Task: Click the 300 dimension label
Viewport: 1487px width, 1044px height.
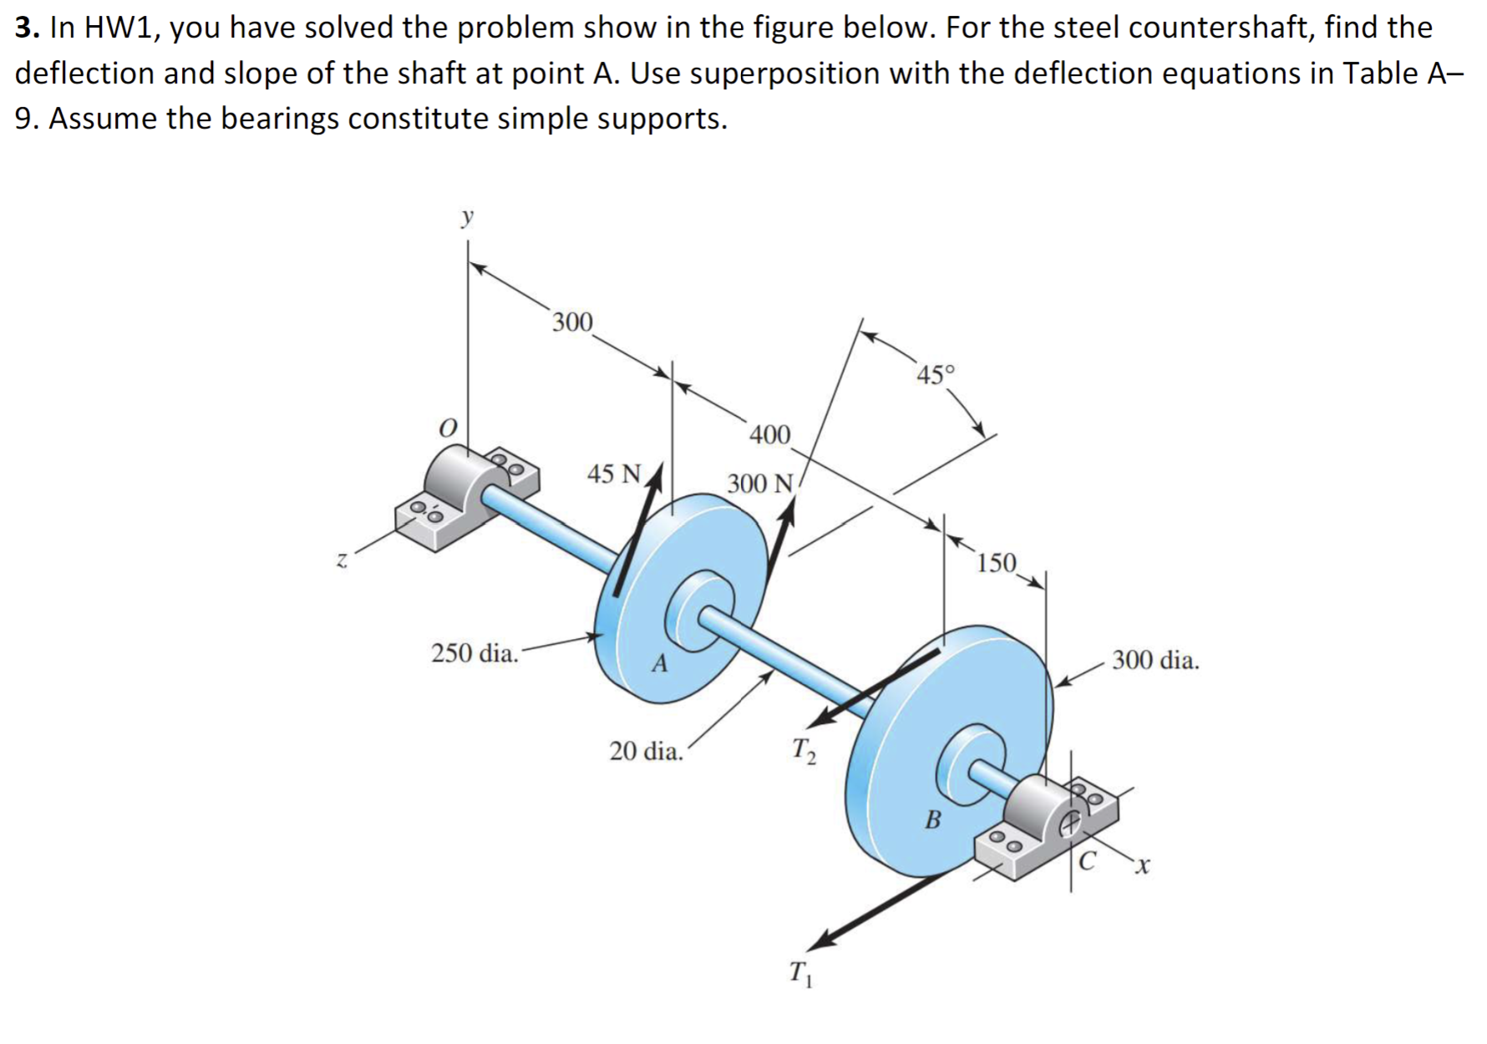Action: (572, 322)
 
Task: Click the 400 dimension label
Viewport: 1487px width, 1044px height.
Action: (769, 434)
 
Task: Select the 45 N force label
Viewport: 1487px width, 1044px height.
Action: (614, 474)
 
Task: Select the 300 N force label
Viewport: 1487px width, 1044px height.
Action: (759, 484)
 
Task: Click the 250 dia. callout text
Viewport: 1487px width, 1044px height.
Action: (475, 653)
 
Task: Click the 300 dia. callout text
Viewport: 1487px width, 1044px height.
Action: (1155, 661)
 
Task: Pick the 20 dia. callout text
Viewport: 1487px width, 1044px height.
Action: (646, 752)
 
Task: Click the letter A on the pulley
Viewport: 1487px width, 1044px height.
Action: (660, 664)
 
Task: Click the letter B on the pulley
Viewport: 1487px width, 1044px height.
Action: (932, 819)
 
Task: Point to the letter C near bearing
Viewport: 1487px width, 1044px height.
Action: (1086, 860)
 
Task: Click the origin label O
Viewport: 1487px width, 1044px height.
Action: (449, 428)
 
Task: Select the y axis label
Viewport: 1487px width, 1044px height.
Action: (467, 218)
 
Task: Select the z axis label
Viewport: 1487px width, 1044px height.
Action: (341, 560)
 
